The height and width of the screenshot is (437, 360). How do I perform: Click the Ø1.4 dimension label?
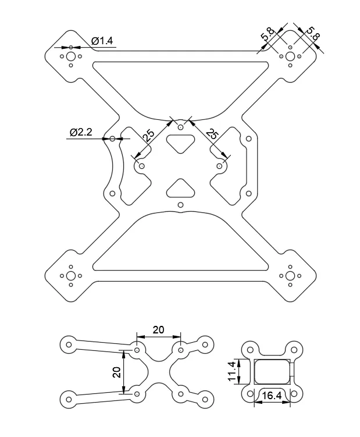tap(102, 41)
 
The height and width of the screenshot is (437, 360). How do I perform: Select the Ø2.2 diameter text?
tap(81, 132)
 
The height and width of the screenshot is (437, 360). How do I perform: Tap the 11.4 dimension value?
tap(232, 371)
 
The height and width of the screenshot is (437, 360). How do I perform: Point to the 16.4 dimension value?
tap(272, 396)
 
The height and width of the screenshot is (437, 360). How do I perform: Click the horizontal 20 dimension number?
tap(158, 330)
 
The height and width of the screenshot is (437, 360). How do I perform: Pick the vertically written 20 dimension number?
tap(117, 372)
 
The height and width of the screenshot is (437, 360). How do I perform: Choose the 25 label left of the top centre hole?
tap(148, 136)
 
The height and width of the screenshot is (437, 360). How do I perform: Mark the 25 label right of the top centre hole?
tap(212, 134)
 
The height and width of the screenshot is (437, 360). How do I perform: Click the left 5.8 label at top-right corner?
tap(268, 34)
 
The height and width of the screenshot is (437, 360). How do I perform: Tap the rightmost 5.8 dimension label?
tap(313, 33)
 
